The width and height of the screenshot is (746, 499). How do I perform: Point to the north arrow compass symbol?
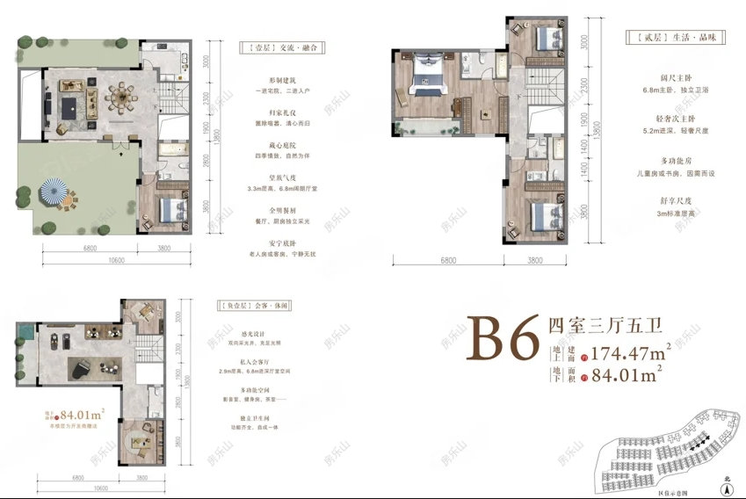point(726,481)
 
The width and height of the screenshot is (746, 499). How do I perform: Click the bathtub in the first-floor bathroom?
point(170,155)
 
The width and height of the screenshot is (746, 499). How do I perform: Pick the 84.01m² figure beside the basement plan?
point(84,410)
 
